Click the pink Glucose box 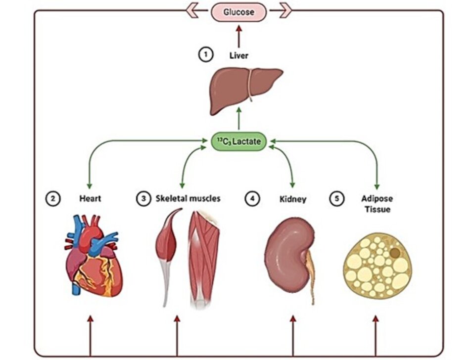point(239,12)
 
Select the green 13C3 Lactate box point(239,142)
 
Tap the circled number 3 point(143,199)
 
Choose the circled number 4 point(252,199)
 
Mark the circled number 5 point(336,199)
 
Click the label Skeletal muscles point(188,199)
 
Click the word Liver point(239,56)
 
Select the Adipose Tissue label point(378,204)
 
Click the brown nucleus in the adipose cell point(395,253)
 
